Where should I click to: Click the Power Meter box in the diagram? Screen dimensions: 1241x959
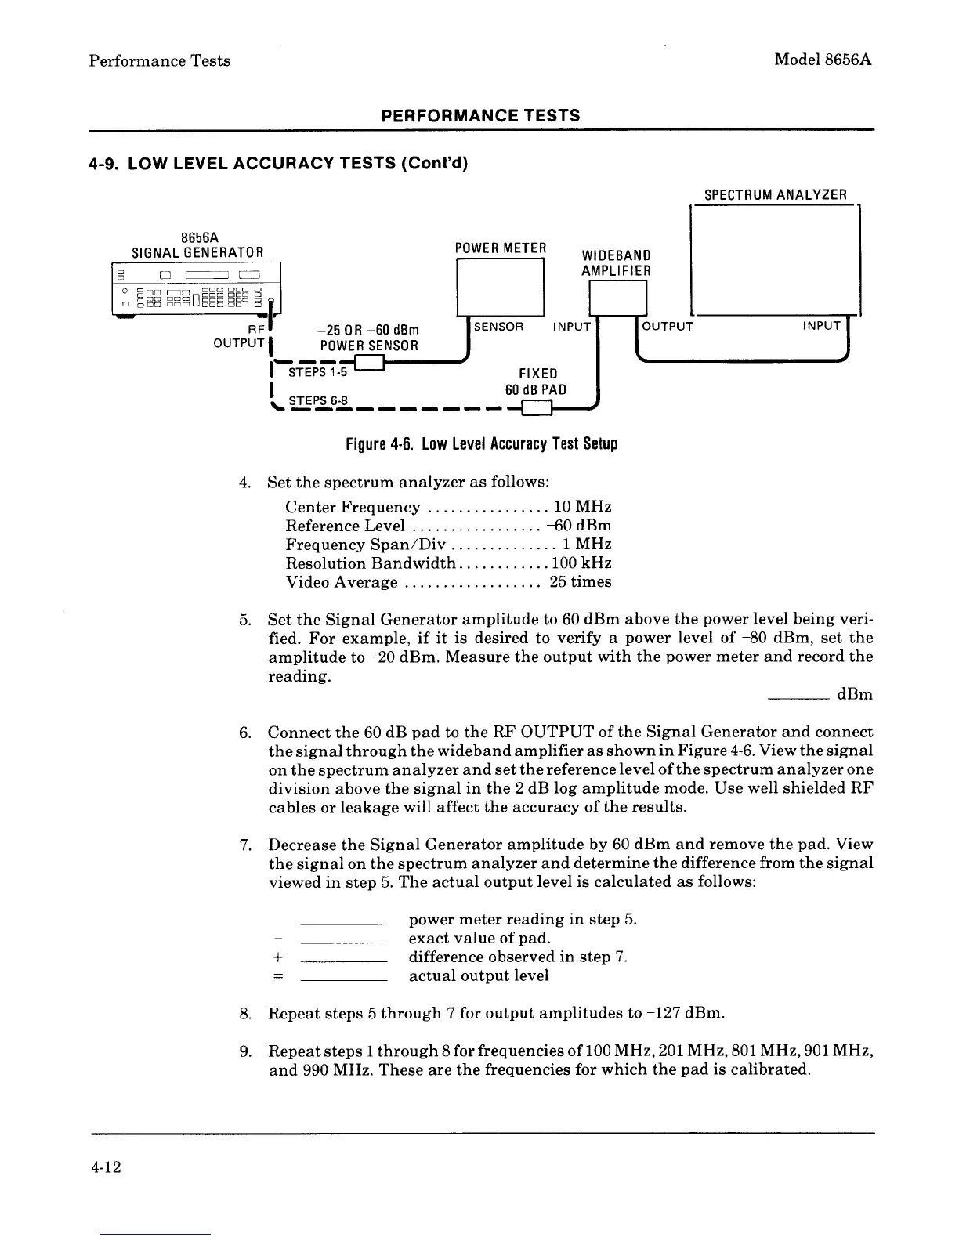pyautogui.click(x=500, y=287)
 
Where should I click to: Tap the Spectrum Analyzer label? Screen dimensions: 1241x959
pyautogui.click(x=775, y=195)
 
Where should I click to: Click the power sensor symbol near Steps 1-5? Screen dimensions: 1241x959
pyautogui.click(x=369, y=363)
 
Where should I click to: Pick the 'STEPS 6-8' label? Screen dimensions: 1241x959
pyautogui.click(x=317, y=401)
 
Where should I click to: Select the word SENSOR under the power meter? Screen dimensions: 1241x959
pyautogui.click(x=499, y=326)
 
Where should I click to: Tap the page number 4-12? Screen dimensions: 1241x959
pyautogui.click(x=104, y=1167)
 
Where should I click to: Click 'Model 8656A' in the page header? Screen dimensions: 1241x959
pyautogui.click(x=823, y=60)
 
